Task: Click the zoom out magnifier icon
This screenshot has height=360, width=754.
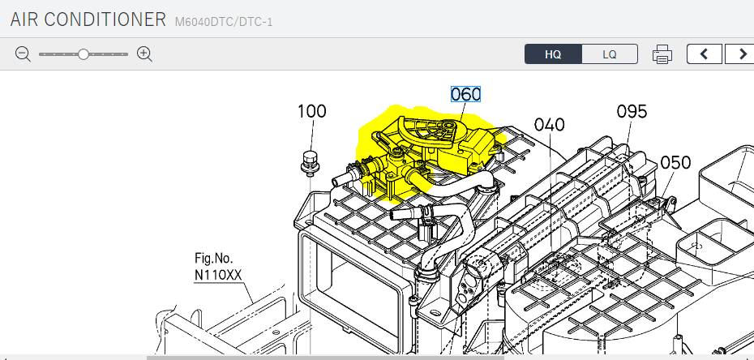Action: click(x=23, y=54)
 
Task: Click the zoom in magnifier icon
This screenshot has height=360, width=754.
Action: click(x=145, y=54)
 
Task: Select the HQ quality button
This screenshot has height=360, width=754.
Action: click(x=553, y=54)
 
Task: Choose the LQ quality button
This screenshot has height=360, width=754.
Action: click(x=610, y=54)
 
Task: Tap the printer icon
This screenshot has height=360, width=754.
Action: click(x=662, y=54)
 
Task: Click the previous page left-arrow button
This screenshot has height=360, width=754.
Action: click(x=704, y=54)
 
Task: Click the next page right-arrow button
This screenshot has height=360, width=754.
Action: click(x=740, y=54)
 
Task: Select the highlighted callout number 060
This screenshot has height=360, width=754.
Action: click(x=465, y=94)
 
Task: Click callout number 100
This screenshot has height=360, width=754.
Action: click(x=312, y=112)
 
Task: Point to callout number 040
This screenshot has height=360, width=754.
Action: click(x=549, y=125)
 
